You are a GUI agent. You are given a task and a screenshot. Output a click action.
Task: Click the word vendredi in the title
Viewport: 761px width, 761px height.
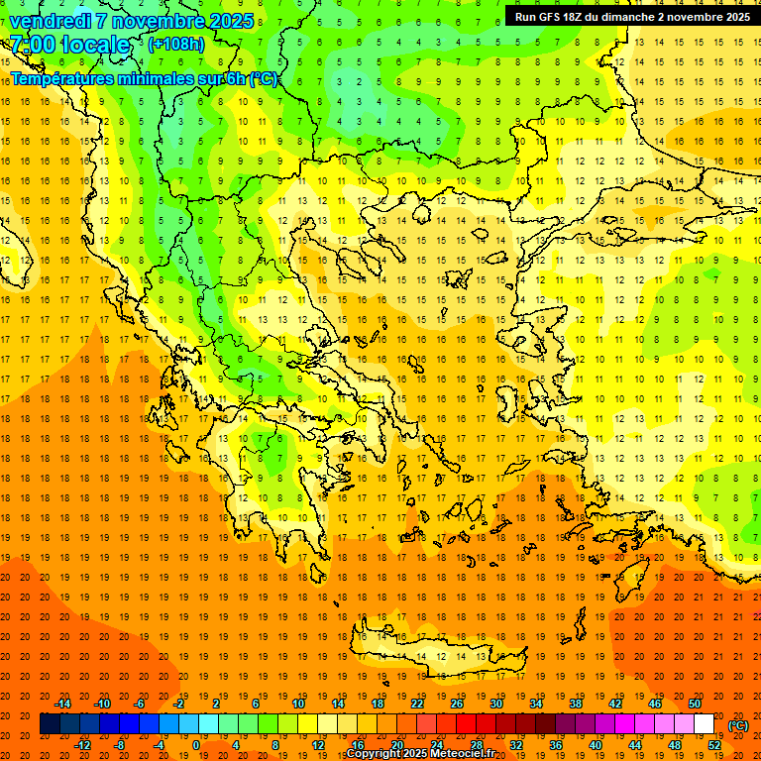coord(50,21)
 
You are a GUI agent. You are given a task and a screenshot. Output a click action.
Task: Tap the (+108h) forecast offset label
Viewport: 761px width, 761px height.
coord(176,45)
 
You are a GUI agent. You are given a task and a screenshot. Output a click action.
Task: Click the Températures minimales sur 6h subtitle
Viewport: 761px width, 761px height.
coord(144,78)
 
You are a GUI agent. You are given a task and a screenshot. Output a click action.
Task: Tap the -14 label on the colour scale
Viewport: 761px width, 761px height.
coord(62,704)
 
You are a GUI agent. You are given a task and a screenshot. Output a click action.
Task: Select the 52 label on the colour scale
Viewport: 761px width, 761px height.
coord(714,744)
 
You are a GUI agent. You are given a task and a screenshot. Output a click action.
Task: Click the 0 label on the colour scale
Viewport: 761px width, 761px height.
coord(196,744)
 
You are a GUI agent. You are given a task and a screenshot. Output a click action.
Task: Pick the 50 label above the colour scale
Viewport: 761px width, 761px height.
coord(695,704)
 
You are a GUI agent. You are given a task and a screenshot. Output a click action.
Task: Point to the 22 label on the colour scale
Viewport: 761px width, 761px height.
coord(417,704)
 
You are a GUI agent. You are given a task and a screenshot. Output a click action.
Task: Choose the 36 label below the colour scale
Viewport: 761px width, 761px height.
coord(556,744)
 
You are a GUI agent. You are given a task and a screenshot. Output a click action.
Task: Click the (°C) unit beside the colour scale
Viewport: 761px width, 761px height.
coord(738,724)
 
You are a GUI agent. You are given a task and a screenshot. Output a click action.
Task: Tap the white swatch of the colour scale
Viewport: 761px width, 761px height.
coord(705,724)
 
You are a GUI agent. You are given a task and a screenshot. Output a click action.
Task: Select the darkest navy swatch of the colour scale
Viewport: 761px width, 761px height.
coord(50,724)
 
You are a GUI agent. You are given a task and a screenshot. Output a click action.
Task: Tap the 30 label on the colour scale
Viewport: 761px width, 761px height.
coord(496,704)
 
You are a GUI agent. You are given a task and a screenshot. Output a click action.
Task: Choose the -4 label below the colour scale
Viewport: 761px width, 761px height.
coord(158,744)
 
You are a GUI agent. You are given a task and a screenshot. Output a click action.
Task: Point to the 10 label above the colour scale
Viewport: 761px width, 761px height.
coord(298,704)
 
